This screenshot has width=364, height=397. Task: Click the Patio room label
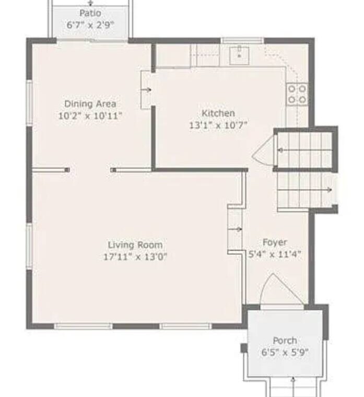point(90,13)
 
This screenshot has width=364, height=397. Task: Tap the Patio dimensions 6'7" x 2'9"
point(90,25)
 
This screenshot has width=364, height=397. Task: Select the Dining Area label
point(90,104)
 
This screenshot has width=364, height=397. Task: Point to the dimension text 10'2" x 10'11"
point(90,116)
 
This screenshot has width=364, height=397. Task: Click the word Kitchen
point(218,113)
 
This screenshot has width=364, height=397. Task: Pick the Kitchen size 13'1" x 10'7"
point(218,125)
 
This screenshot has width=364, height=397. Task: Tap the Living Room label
point(135,245)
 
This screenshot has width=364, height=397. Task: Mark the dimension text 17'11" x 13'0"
point(135,257)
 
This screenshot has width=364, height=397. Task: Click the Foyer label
point(275,242)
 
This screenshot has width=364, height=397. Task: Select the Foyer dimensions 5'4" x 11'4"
point(275,254)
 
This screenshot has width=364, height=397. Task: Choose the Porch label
point(285,341)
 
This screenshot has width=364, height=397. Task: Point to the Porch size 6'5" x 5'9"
point(285,352)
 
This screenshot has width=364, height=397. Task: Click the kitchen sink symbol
point(239,55)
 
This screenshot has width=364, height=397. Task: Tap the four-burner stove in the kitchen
point(297,95)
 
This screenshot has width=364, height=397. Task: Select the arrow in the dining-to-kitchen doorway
point(147,90)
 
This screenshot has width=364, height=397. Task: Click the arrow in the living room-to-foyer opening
point(236,229)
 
